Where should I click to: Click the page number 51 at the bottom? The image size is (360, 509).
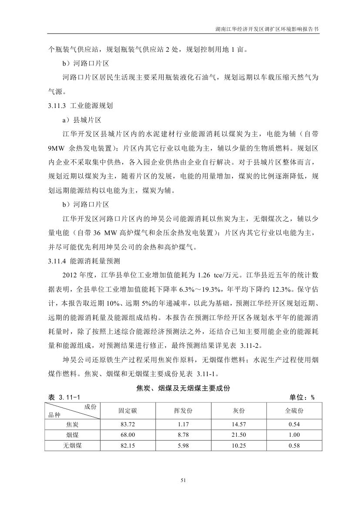point(183,480)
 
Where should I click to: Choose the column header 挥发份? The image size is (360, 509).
point(183,411)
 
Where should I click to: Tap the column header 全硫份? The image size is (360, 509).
point(294,411)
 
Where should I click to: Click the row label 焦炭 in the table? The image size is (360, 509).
point(72,424)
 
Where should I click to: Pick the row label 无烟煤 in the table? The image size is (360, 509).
point(72,445)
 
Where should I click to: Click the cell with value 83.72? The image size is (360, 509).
point(128,424)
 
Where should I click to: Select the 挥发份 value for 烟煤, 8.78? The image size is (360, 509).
point(183,435)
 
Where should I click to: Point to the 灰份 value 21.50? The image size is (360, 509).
point(239,435)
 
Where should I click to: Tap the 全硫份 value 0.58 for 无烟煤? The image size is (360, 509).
point(294,445)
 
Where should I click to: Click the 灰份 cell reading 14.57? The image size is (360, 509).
point(239,424)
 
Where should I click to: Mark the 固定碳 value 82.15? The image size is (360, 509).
point(128,445)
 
